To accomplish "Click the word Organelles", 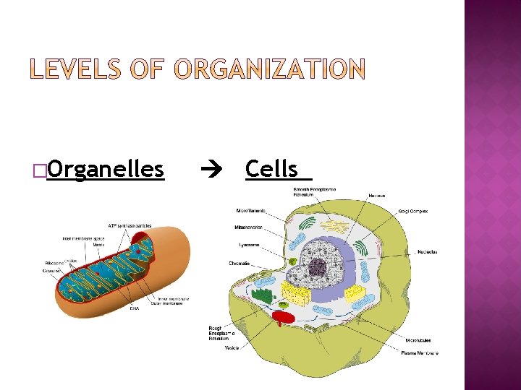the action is pyautogui.click(x=105, y=169).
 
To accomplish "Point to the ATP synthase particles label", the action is pyautogui.click(x=130, y=225).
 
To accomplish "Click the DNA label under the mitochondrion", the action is pyautogui.click(x=135, y=308).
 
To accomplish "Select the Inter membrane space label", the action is pyautogui.click(x=83, y=237).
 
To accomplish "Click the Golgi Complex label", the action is pyautogui.click(x=412, y=212).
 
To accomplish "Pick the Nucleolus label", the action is pyautogui.click(x=427, y=252).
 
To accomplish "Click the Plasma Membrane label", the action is pyautogui.click(x=419, y=353).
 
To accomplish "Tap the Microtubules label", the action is pyautogui.click(x=419, y=339).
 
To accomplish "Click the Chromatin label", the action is pyautogui.click(x=240, y=264).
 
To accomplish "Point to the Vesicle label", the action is pyautogui.click(x=232, y=347).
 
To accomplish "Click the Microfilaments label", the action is pyautogui.click(x=250, y=211).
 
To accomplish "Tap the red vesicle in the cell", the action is pyautogui.click(x=284, y=317).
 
